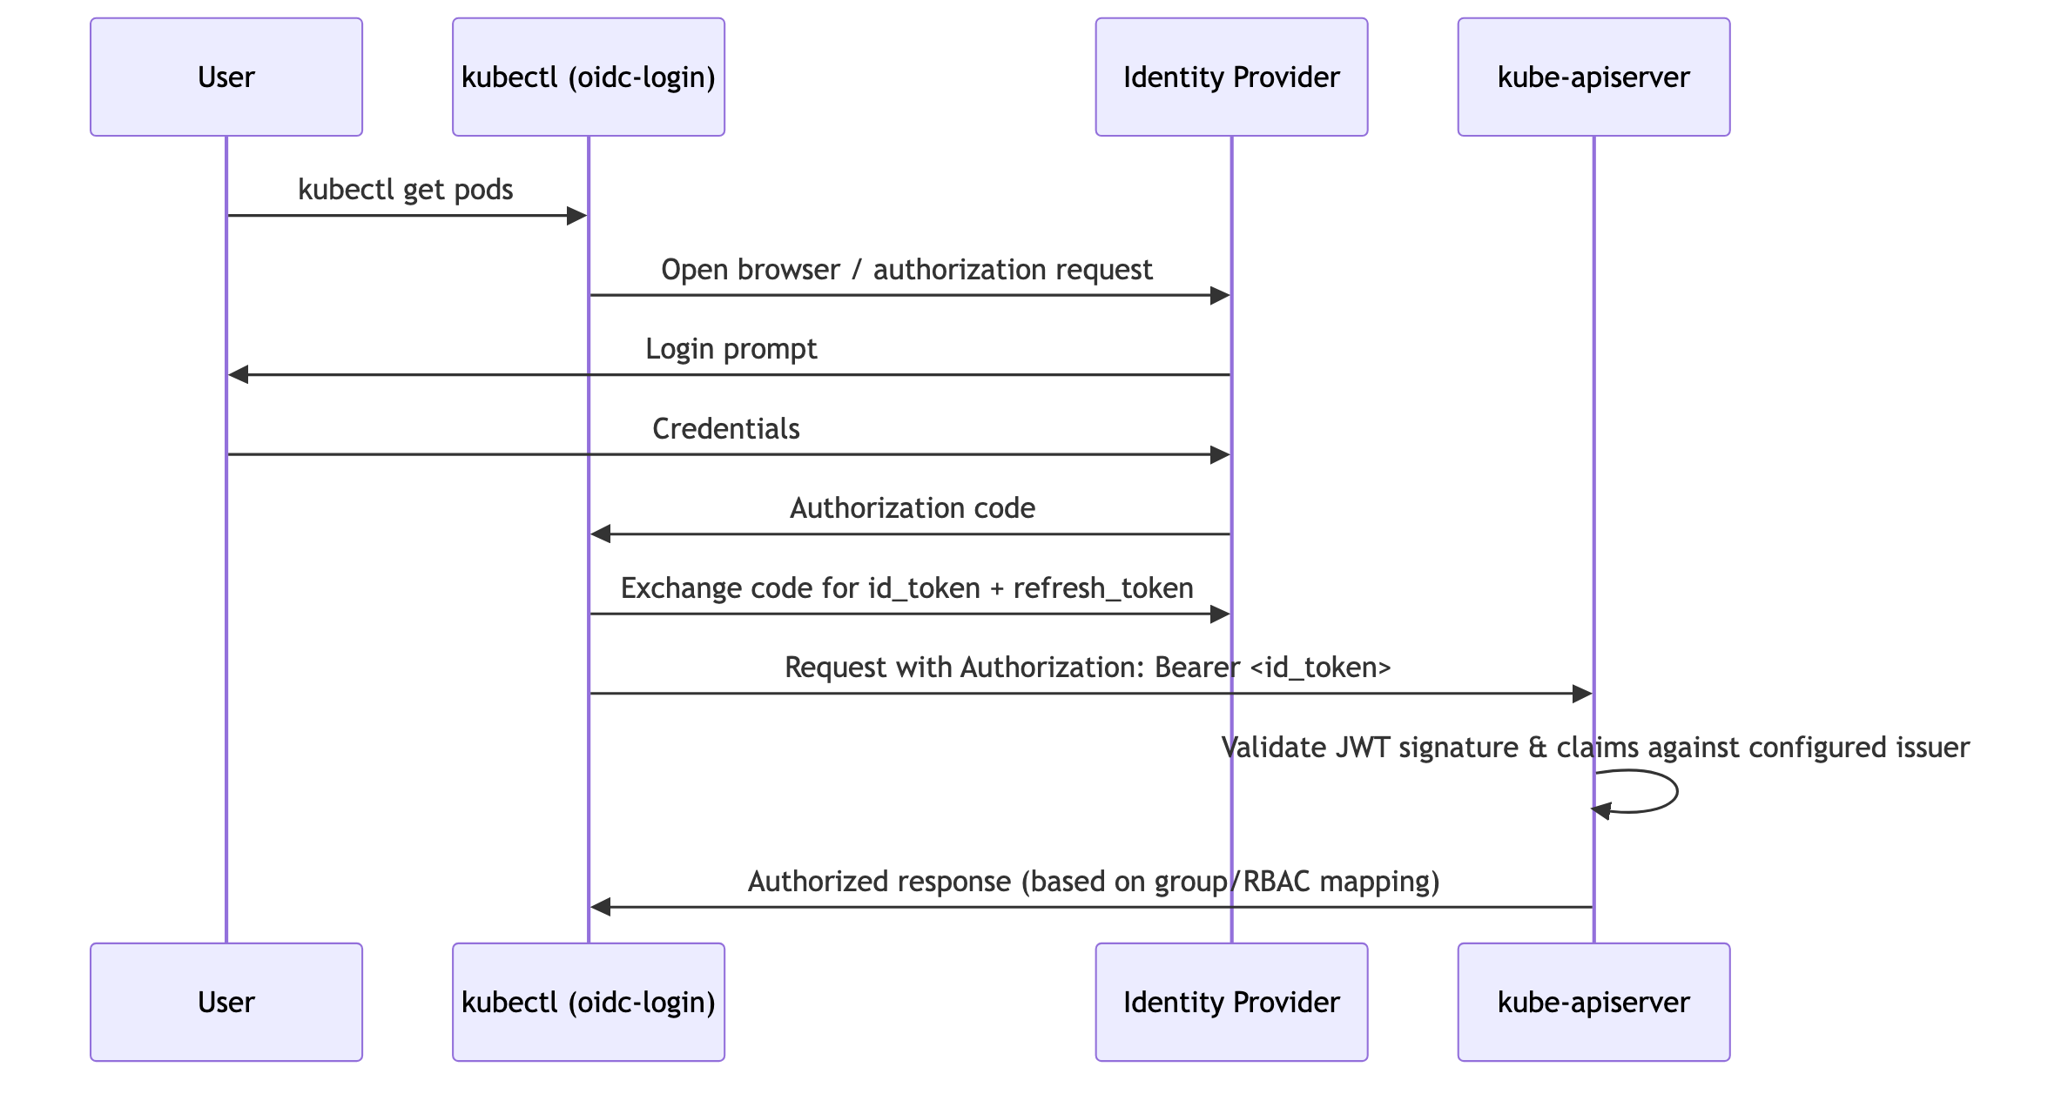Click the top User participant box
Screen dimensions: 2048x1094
point(226,77)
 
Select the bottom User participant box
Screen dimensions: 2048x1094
point(226,1002)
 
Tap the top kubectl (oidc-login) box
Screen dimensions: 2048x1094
point(589,77)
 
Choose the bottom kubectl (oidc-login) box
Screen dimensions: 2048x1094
point(589,1002)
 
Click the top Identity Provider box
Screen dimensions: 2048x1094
point(1231,77)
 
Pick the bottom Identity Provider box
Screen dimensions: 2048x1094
point(1231,1002)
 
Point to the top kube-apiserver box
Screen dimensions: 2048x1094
point(1593,77)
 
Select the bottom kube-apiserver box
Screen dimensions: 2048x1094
point(1593,1002)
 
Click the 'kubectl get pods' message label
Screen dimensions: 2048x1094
point(406,190)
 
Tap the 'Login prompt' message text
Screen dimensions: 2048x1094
point(731,349)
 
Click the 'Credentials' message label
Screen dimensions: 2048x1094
point(726,428)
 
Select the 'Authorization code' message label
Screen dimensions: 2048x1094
point(913,508)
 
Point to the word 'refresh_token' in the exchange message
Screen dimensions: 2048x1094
point(1103,589)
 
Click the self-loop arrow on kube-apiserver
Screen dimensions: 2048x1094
point(1676,791)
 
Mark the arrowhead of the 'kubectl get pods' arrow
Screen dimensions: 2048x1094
point(577,216)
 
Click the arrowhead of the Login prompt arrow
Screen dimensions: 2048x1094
point(239,375)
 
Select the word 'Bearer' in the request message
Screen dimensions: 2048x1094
point(1197,668)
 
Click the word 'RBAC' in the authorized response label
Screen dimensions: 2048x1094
point(1277,882)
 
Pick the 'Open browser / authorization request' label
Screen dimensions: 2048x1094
point(906,270)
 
